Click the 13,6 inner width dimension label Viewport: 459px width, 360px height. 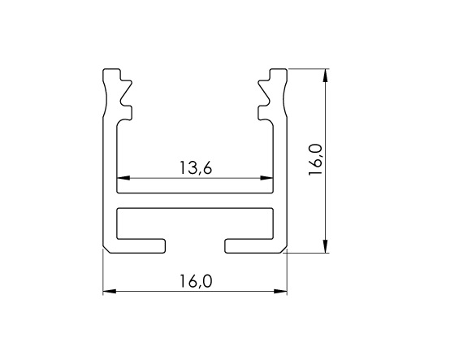[195, 168]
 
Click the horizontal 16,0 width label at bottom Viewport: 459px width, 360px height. [195, 281]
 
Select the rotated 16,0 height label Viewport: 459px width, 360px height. [315, 159]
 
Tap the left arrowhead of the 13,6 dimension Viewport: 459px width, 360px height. [123, 178]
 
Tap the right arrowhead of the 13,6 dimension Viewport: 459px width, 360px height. [266, 178]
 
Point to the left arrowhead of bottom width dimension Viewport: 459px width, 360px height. [109, 291]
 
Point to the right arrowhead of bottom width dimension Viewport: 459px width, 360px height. [280, 291]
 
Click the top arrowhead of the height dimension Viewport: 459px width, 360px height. [325, 76]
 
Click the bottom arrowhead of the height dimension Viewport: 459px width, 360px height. [325, 246]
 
